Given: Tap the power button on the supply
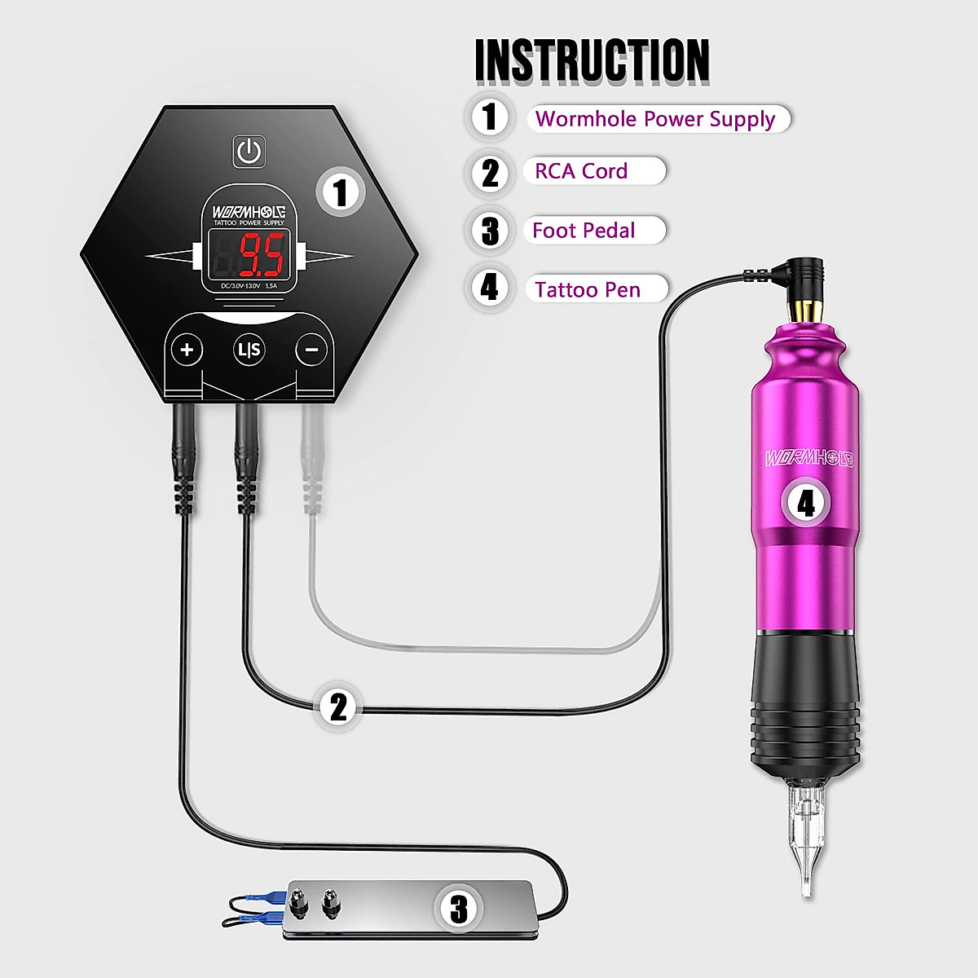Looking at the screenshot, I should tap(249, 152).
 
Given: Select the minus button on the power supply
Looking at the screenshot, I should tap(311, 350).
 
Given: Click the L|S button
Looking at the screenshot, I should tap(249, 350).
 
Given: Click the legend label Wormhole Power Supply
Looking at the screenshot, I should tap(655, 119).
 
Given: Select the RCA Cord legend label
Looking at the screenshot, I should tap(581, 171).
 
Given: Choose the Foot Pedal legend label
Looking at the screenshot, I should tap(584, 231).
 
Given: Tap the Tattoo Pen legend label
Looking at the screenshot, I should tap(588, 289).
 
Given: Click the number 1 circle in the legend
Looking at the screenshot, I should tap(490, 116).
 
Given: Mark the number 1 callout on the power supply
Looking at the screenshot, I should tap(341, 192).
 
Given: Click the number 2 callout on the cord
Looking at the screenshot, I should tap(338, 707).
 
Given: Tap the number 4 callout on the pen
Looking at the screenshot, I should tap(805, 502).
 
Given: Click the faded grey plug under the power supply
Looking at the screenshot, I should tap(311, 465).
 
